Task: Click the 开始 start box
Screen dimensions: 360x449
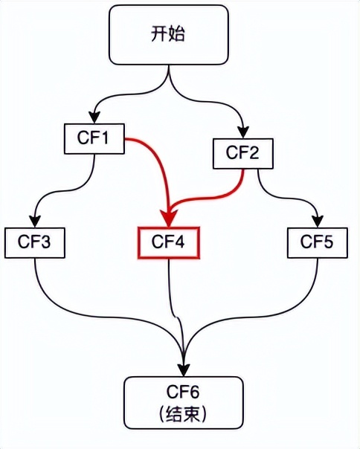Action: coord(169,35)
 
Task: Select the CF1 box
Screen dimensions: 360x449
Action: coord(94,138)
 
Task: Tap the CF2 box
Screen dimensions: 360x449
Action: coord(242,153)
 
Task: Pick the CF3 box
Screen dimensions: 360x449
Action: coord(35,243)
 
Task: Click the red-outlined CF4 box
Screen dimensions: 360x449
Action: coord(169,243)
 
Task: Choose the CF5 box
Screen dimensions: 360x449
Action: coord(318,243)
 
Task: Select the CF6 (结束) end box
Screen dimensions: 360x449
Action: coord(184,403)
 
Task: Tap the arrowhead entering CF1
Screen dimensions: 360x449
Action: coord(94,117)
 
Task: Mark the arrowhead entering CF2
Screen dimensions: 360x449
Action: coord(244,132)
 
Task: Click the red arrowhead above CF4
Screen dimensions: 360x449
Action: coord(169,219)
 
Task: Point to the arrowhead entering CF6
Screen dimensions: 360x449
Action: coord(184,370)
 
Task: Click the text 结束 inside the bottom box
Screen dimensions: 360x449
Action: coord(183,414)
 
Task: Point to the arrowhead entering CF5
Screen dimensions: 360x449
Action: coord(318,221)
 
